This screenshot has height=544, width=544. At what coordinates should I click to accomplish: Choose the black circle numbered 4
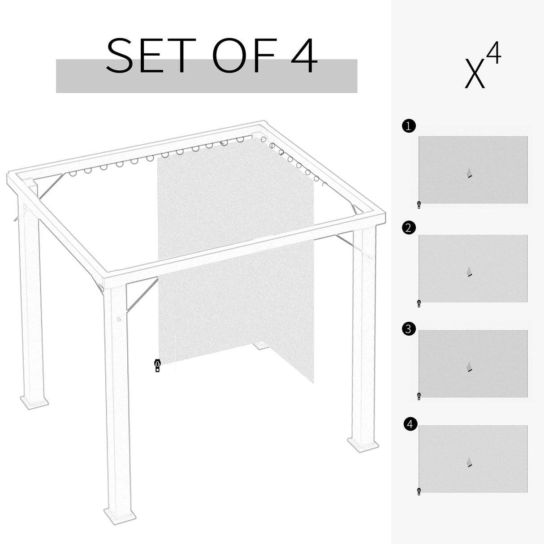(x=410, y=424)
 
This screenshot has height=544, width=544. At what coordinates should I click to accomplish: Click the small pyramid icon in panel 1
(x=469, y=173)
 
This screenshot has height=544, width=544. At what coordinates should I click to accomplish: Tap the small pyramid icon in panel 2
(x=469, y=272)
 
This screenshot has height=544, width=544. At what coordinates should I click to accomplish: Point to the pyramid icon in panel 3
(x=469, y=367)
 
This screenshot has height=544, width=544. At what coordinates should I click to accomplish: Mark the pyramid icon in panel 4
(x=469, y=462)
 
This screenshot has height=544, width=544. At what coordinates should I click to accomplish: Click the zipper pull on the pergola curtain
(x=157, y=366)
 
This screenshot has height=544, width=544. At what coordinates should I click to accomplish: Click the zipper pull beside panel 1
(x=419, y=205)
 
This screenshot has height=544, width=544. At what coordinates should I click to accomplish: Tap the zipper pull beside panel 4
(x=419, y=491)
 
